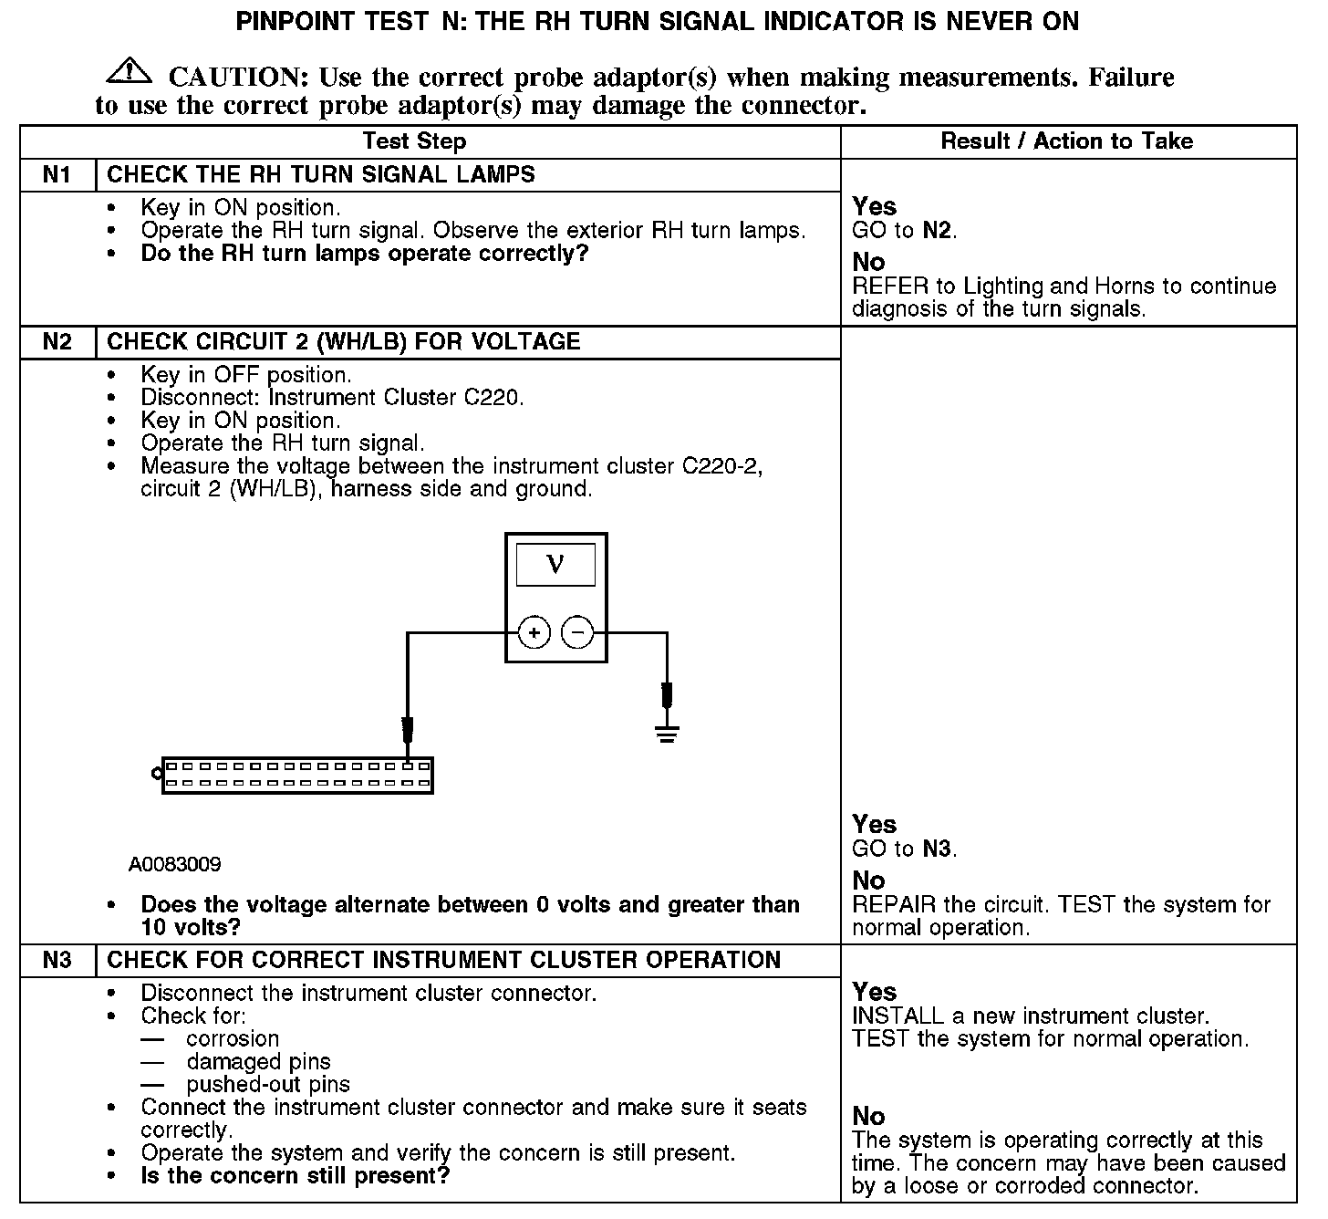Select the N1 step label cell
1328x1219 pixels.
pos(57,175)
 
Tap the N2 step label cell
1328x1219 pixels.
pos(57,342)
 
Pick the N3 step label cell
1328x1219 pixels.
pos(57,961)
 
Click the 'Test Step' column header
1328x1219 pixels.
pos(414,141)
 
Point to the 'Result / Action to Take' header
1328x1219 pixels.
pos(1066,141)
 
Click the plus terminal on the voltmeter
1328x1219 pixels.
pos(534,633)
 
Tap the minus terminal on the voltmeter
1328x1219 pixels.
pos(577,633)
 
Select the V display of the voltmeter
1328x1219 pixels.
pos(555,565)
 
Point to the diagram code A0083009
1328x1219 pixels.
pos(174,865)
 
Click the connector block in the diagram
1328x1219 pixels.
pos(296,776)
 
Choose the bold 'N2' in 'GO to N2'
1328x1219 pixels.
pos(938,230)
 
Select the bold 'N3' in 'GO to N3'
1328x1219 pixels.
pos(938,849)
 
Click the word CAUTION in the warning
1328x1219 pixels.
pos(233,78)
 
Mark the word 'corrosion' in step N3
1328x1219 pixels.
pos(233,1039)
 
